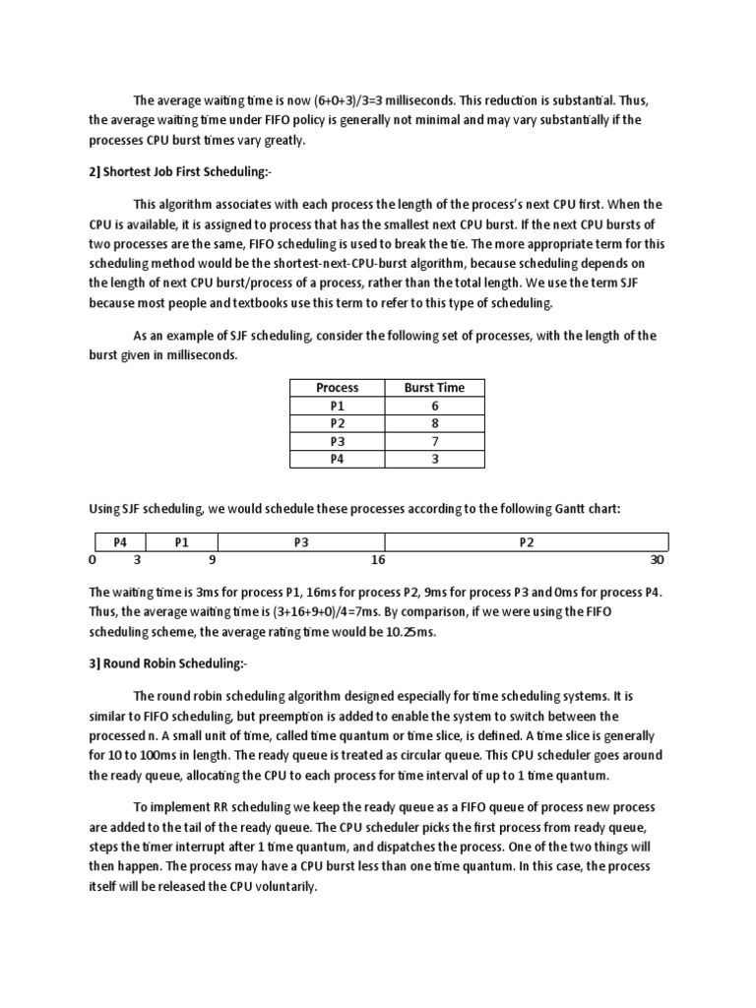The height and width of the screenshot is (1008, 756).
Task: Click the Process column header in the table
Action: tap(337, 388)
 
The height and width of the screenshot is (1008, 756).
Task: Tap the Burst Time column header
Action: tap(434, 388)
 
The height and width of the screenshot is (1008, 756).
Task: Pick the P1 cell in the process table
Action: tap(337, 406)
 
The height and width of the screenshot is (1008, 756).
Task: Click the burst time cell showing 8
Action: tap(434, 423)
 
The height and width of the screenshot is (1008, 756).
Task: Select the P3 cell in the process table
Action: tap(337, 441)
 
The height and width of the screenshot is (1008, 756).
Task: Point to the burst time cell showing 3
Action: tap(434, 459)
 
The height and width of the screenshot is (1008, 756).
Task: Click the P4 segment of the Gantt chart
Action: tap(120, 542)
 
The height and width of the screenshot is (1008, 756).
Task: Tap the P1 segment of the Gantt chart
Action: tap(181, 542)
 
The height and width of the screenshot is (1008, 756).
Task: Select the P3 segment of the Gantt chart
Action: tap(301, 542)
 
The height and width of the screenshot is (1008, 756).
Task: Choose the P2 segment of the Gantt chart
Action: tap(527, 542)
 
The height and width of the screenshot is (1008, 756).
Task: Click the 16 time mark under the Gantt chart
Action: tap(378, 560)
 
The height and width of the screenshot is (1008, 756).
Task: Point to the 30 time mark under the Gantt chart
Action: tap(658, 560)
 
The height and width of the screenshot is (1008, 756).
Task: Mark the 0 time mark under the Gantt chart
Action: tap(93, 560)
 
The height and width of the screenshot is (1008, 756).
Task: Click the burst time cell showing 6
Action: tap(434, 406)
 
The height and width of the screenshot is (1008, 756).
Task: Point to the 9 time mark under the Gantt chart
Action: tap(212, 560)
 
